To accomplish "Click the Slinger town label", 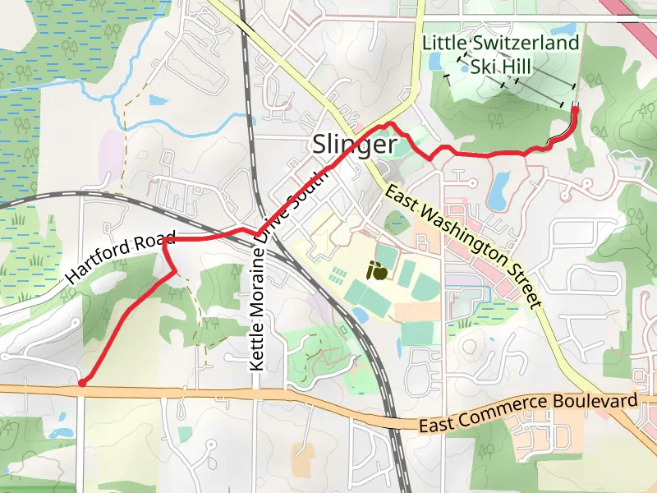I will tap(354, 145).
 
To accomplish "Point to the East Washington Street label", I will tap(465, 246).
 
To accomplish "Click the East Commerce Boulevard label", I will tap(528, 414).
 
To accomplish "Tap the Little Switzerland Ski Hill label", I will tap(501, 53).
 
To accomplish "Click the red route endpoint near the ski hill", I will tap(575, 109).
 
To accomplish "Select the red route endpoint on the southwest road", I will tap(81, 382).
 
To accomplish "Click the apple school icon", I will tap(378, 270).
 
